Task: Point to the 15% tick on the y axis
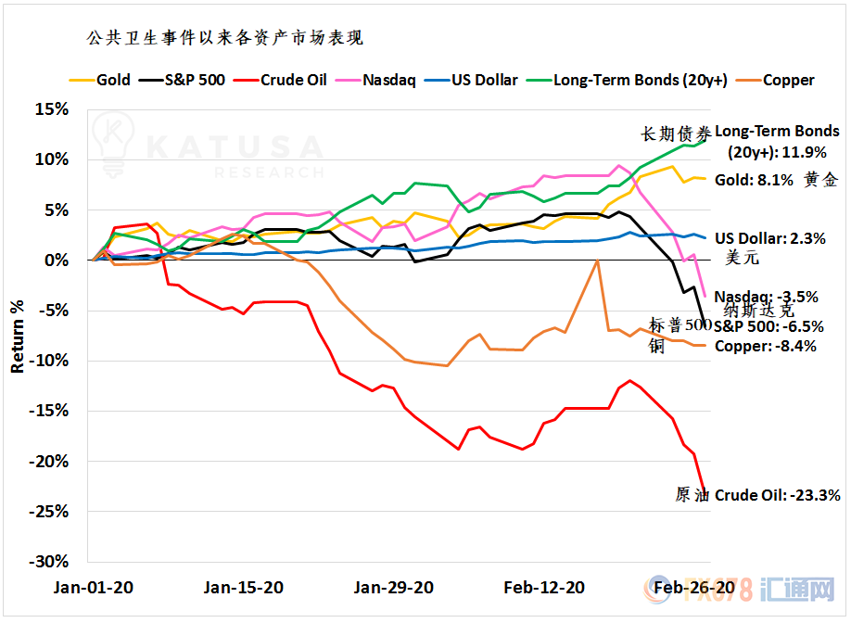point(51,109)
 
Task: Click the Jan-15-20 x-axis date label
point(243,587)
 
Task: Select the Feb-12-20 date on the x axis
point(544,587)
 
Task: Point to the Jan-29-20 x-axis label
point(393,587)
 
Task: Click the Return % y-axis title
point(18,336)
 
